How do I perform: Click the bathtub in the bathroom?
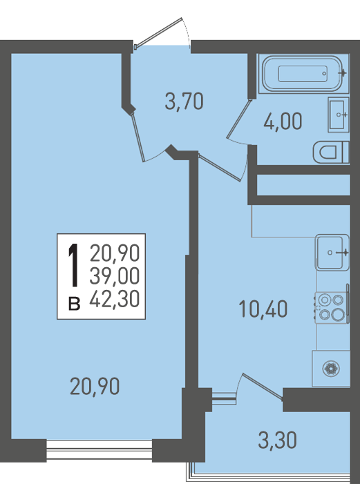302,74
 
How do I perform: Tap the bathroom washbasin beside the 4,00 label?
338,115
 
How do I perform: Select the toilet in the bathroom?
331,153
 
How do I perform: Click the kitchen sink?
332,252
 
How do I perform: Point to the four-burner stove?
332,307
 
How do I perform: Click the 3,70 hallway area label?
184,101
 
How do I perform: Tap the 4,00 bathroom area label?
283,121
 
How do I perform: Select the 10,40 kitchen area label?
263,309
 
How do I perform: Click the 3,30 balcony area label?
278,440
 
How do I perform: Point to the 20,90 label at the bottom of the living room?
95,387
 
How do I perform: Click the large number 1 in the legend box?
73,265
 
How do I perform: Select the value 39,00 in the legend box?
115,276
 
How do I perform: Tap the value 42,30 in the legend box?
115,299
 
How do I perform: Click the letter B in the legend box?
74,304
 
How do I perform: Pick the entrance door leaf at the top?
158,32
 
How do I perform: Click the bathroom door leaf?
238,118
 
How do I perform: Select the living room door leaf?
138,137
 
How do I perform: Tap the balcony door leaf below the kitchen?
263,386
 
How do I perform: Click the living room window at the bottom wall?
100,450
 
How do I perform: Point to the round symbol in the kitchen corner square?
331,369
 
